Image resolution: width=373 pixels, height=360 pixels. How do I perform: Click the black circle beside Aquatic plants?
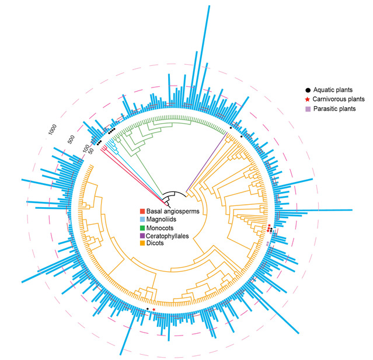[x=308, y=90]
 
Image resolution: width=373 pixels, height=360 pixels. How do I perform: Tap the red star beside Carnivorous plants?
[x=308, y=99]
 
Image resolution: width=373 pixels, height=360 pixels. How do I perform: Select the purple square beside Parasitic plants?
[x=308, y=109]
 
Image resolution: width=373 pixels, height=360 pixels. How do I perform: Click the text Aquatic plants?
[x=333, y=90]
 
